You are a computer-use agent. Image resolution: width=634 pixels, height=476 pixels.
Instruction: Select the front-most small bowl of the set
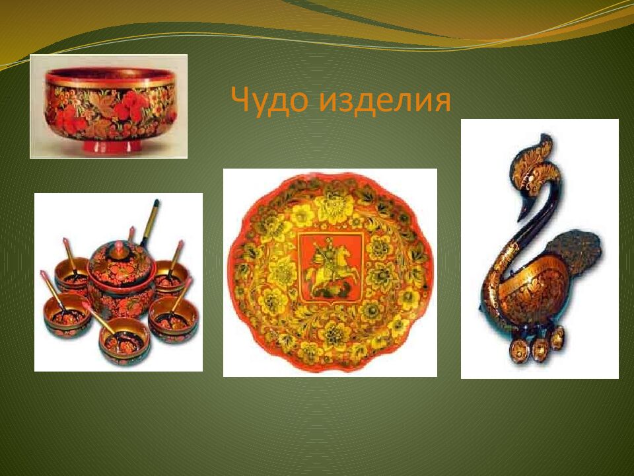pos(124,342)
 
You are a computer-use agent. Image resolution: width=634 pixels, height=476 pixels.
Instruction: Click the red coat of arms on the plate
pos(330,264)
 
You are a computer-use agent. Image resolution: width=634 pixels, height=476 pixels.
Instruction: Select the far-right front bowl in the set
pos(173,321)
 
